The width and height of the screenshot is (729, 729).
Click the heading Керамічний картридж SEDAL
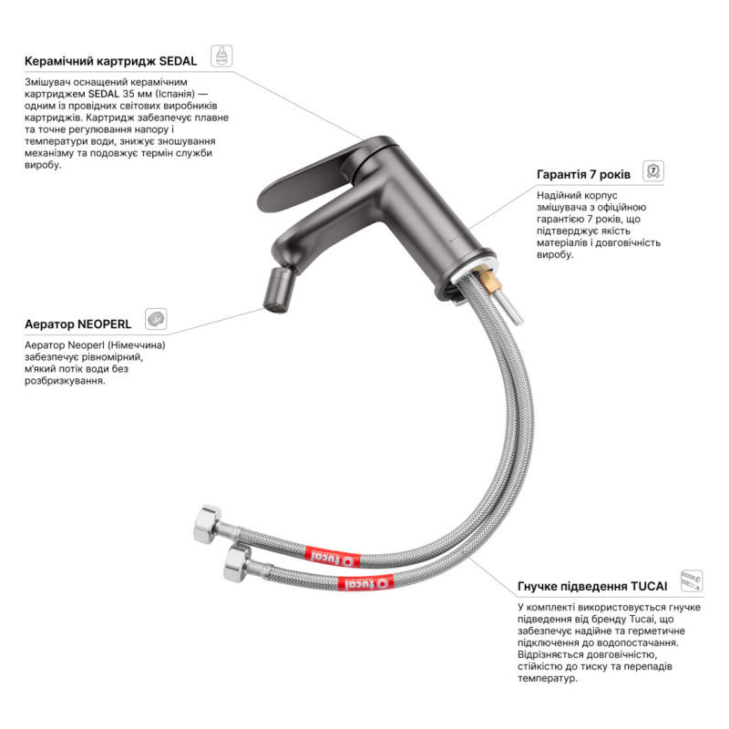(x=110, y=61)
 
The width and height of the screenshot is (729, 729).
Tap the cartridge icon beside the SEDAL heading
(x=221, y=56)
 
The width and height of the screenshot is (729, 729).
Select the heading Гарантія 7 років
(x=583, y=174)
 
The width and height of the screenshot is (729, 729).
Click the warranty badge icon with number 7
(x=653, y=170)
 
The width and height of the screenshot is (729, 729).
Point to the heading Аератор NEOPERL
(x=78, y=324)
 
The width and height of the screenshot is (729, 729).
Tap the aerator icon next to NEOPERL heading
(x=156, y=319)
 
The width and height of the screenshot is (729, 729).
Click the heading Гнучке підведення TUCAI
(x=592, y=586)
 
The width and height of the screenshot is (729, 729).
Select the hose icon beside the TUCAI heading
(x=692, y=581)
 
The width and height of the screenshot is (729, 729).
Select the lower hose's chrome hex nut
(x=237, y=564)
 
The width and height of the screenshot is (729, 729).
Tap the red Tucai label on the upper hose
(x=332, y=558)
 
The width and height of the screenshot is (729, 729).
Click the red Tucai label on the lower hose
(x=365, y=582)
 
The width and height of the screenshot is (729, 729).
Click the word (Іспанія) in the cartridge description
(x=175, y=94)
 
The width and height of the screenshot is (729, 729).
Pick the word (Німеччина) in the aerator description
(x=141, y=345)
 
